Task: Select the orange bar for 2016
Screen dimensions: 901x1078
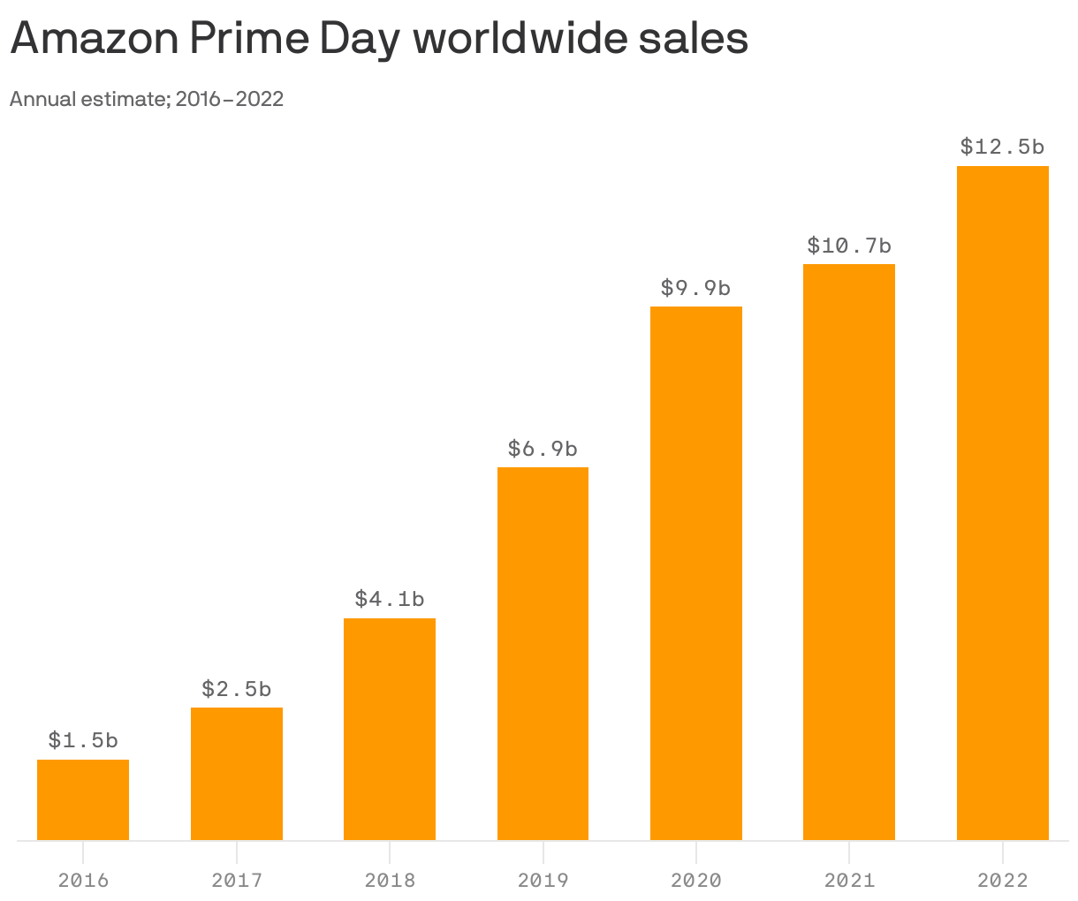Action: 83,799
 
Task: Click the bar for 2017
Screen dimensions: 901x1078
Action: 237,773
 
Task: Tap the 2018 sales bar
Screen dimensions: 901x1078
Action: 390,729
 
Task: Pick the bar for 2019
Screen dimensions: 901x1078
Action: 543,654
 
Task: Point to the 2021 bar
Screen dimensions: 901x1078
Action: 849,552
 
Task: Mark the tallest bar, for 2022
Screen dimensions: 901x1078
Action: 1003,503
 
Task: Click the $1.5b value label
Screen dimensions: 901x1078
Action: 83,739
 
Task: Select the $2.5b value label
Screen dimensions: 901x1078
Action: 237,688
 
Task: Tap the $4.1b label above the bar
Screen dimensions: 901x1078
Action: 390,599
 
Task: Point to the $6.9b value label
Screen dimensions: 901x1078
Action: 543,449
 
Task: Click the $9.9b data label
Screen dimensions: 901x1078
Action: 696,288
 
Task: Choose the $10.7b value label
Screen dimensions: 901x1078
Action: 849,245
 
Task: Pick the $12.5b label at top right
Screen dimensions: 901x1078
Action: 1003,147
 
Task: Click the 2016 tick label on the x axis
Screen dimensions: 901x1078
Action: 83,880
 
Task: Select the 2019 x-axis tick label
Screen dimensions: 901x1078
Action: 543,880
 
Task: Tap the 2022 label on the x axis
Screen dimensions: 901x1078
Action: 1003,880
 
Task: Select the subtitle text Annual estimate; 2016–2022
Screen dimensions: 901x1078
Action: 147,99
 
